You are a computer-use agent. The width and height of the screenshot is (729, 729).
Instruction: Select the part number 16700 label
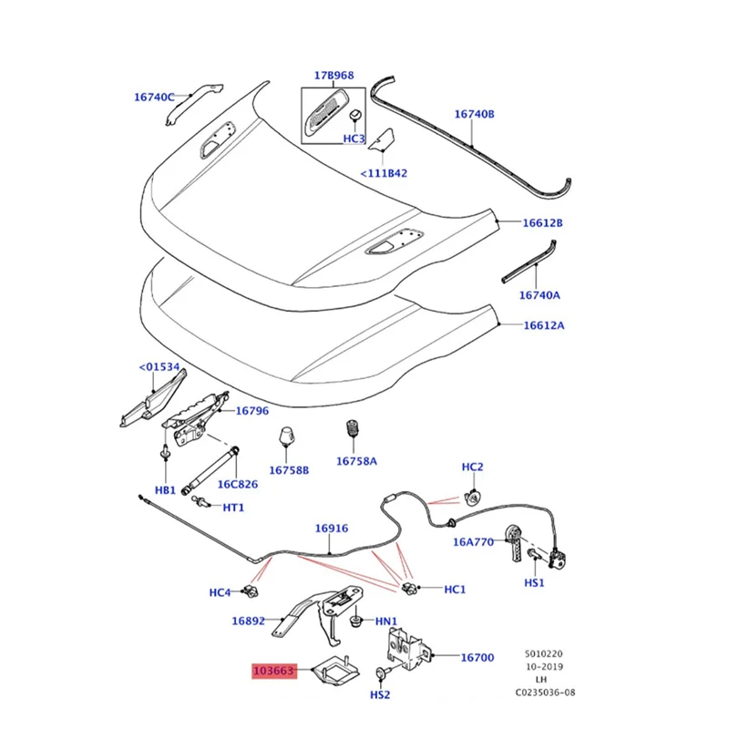point(477,657)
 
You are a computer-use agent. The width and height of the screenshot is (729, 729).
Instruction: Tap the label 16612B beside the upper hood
point(542,222)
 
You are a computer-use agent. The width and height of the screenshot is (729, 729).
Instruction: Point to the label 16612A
point(542,325)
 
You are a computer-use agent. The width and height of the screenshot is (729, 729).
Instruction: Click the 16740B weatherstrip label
point(474,115)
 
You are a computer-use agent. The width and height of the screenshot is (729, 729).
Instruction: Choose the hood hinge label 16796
point(252,411)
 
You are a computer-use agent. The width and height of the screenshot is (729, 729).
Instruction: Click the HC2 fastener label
point(472,467)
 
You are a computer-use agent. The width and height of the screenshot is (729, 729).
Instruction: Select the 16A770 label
point(473,541)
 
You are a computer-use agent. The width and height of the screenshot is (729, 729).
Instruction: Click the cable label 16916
point(332,528)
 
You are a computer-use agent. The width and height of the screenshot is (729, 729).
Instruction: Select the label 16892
point(247,621)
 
